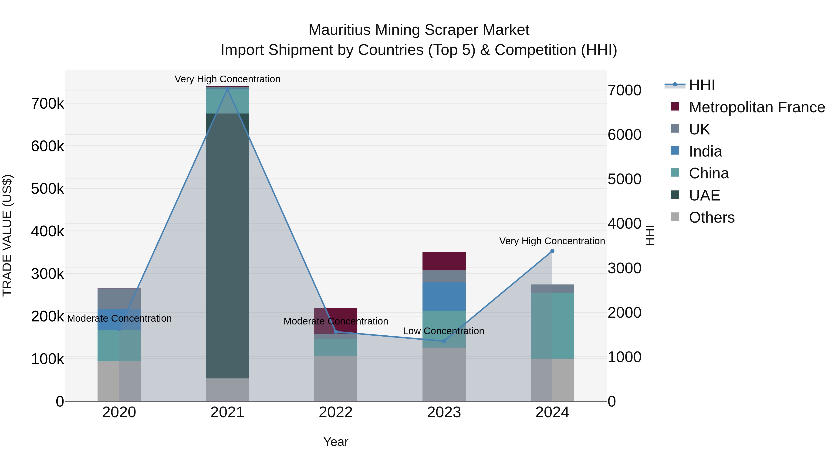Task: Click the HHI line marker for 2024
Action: [552, 251]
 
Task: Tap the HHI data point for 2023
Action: [444, 341]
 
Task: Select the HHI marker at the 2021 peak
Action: [227, 89]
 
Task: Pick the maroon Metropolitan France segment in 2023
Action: [444, 261]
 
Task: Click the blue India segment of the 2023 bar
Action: [444, 297]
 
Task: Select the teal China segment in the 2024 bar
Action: [552, 325]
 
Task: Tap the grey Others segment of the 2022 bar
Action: [335, 378]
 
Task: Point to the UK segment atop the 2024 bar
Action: [552, 289]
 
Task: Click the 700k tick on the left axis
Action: [47, 104]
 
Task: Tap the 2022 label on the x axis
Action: [335, 412]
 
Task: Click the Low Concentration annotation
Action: [443, 331]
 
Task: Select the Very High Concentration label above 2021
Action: [227, 79]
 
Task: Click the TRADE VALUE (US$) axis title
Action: [7, 235]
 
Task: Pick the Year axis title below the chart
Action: [336, 442]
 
